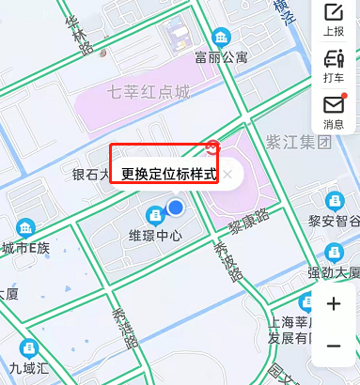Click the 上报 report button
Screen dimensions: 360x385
click(x=334, y=20)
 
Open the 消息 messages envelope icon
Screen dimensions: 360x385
click(x=334, y=111)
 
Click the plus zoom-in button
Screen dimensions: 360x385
click(x=334, y=304)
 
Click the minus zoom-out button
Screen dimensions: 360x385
click(x=334, y=346)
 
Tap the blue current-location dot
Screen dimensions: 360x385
click(x=175, y=207)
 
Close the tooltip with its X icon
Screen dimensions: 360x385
click(x=227, y=174)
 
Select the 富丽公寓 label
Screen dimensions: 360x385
click(x=222, y=56)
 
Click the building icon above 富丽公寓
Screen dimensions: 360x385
click(x=222, y=37)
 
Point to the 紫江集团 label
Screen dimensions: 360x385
click(x=299, y=142)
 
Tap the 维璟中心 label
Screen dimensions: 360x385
click(x=155, y=236)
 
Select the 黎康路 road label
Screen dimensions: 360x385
click(x=248, y=223)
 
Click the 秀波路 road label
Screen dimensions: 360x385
click(x=227, y=260)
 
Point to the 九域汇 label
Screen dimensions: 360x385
click(x=28, y=367)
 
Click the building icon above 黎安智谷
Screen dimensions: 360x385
click(x=335, y=201)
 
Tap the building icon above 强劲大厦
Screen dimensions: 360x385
click(x=335, y=253)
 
